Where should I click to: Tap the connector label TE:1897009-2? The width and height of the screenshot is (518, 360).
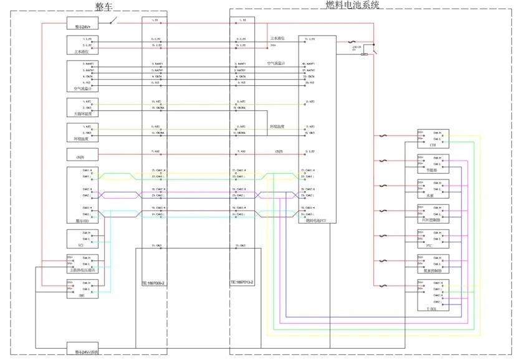(152, 283)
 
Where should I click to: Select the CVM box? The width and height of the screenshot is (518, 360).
(433, 139)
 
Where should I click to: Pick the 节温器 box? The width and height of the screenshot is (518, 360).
(433, 164)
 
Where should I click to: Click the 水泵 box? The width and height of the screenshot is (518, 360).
(433, 189)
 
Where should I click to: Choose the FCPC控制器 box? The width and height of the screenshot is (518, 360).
(433, 214)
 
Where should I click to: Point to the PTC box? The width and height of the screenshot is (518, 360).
(433, 239)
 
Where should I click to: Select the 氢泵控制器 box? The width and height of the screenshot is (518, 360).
(433, 263)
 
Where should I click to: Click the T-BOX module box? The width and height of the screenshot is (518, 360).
(433, 295)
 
